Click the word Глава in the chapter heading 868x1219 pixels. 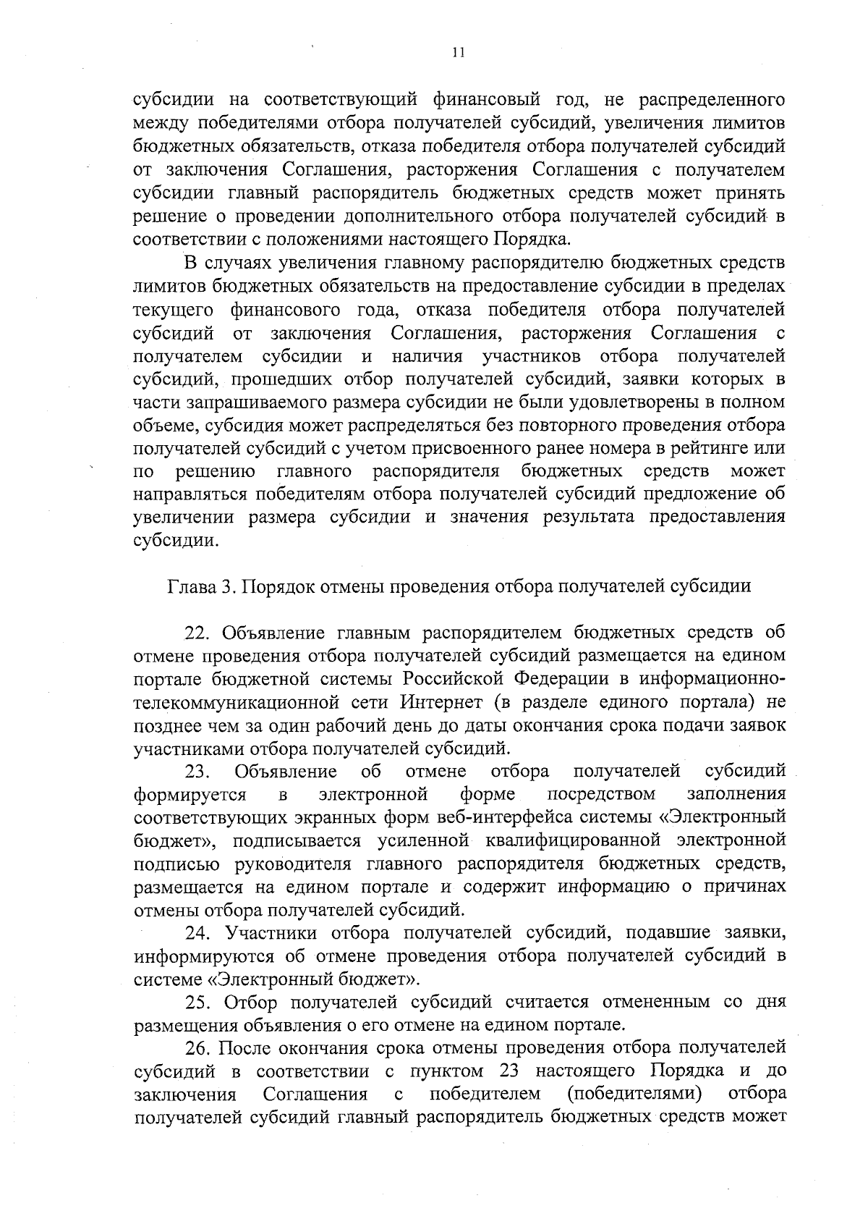click(192, 586)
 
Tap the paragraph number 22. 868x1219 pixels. click(197, 633)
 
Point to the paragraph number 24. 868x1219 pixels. click(197, 933)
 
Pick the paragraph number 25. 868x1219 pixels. click(197, 1003)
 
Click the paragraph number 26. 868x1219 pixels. click(197, 1049)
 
